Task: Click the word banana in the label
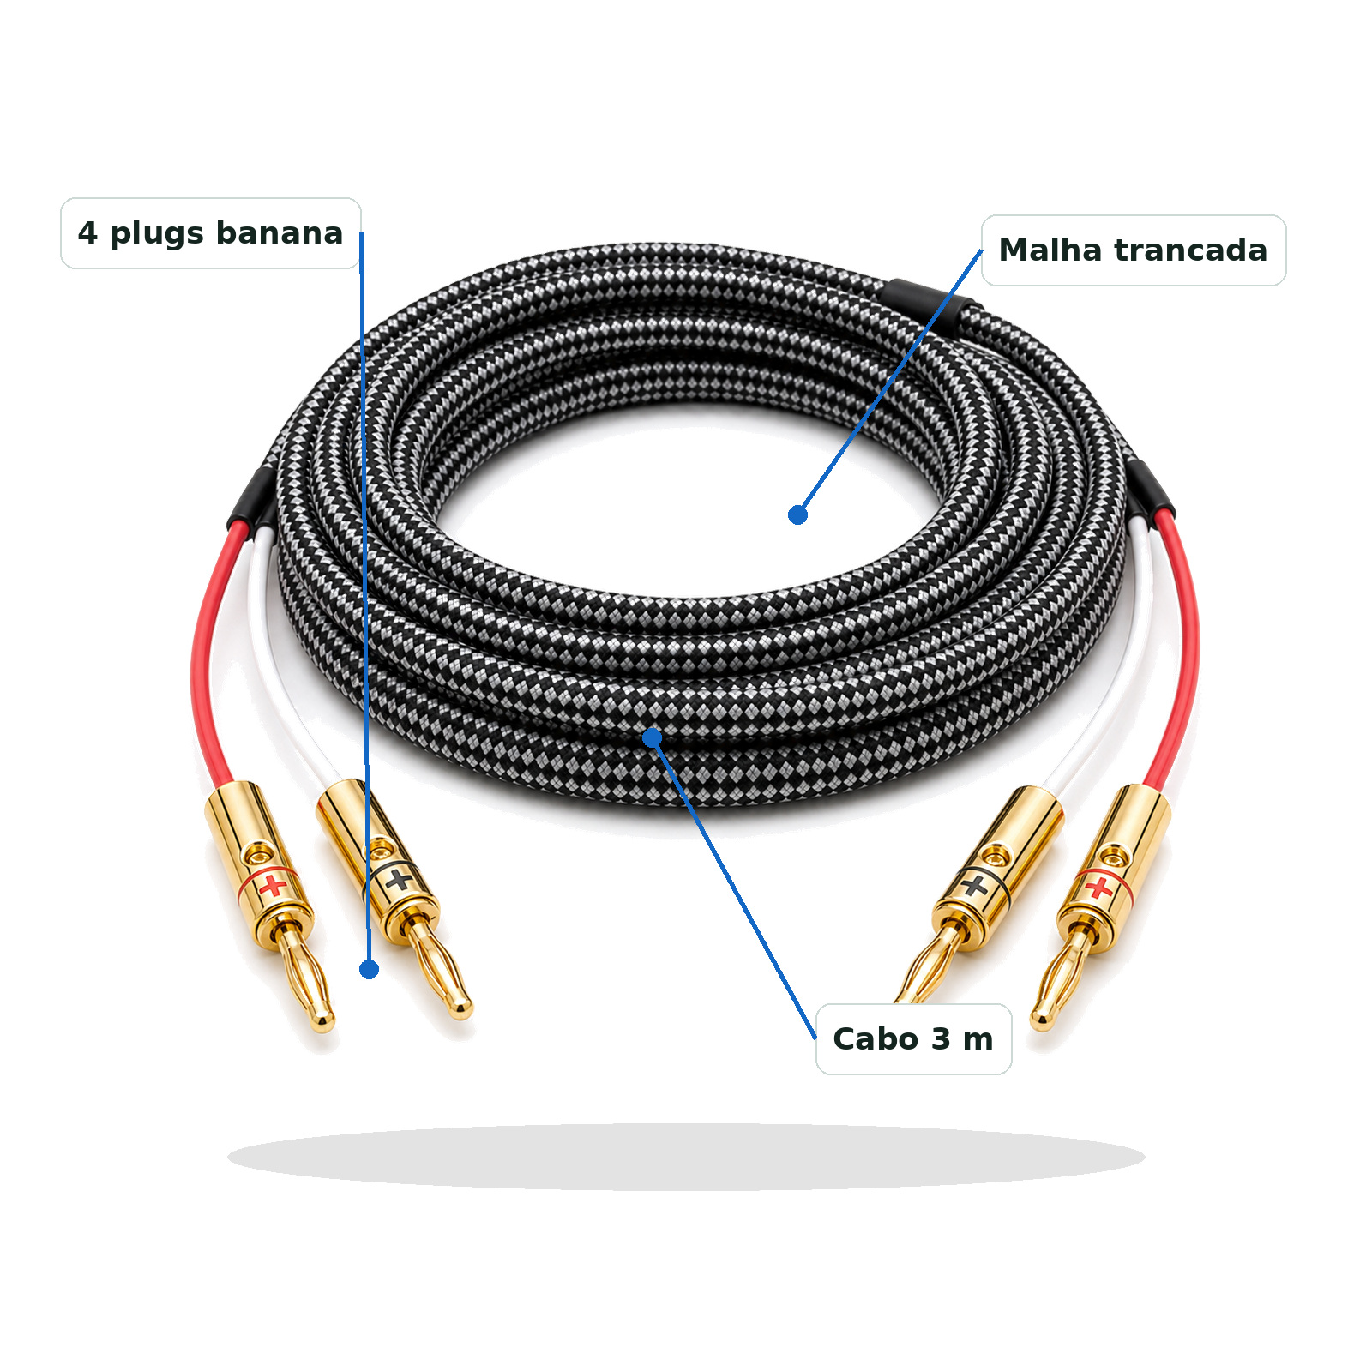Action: [279, 232]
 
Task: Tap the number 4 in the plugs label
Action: [87, 232]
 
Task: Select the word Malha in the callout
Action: [1050, 250]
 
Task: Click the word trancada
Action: [1190, 250]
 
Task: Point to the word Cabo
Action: [876, 1038]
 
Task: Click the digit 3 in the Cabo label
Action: [941, 1038]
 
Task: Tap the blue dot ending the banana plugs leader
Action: [369, 969]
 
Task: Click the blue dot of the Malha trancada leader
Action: [797, 514]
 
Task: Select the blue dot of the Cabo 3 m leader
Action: [652, 737]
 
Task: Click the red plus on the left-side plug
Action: [274, 885]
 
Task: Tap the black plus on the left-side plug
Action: [397, 879]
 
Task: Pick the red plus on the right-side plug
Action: [1098, 888]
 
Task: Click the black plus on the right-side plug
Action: [974, 884]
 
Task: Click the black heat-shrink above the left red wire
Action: [250, 499]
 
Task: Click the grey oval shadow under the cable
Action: [686, 1157]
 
